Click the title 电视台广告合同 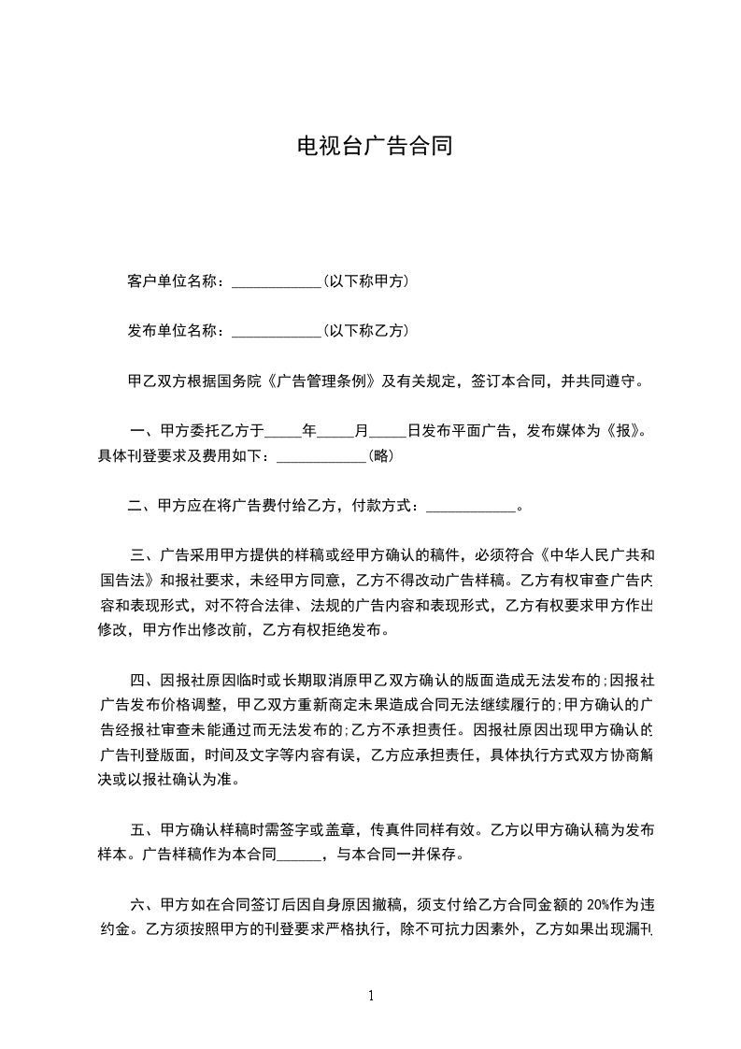coord(374,146)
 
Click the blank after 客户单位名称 coord(276,280)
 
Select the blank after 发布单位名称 coord(276,331)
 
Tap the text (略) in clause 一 coord(380,455)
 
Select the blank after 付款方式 coord(470,507)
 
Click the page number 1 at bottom coord(372,996)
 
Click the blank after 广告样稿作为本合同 coord(299,854)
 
